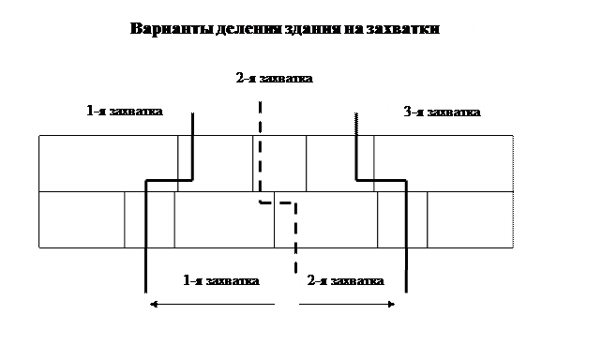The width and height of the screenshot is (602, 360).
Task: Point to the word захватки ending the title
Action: point(403,29)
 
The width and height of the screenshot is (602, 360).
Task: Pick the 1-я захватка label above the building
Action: point(125,111)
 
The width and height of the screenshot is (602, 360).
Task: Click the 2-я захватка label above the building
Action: point(274,79)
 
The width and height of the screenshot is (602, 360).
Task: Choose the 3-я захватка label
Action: point(442,112)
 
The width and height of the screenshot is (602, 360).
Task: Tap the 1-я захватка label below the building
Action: point(221,280)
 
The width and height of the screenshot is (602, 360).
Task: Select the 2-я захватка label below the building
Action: point(345,280)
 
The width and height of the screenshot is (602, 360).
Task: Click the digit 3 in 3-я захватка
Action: point(407,112)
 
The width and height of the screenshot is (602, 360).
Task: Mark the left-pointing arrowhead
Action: point(154,305)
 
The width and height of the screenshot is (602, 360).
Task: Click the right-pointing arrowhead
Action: point(391,305)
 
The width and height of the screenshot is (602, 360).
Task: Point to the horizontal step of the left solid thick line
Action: point(169,180)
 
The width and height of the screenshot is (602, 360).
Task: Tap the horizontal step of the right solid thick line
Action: point(382,180)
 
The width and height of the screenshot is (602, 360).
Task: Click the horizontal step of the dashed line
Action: point(278,202)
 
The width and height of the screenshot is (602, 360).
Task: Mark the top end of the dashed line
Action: point(261,102)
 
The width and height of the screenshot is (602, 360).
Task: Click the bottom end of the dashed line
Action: point(295,272)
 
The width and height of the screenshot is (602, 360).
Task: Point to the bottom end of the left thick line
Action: point(145,292)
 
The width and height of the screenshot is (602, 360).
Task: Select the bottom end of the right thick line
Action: point(406,292)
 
